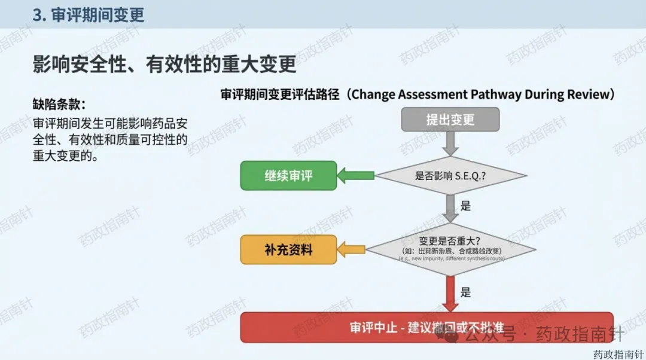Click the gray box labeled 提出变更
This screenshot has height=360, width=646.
point(450,120)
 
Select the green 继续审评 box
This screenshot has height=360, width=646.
point(288,176)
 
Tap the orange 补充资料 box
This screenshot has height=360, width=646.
point(288,249)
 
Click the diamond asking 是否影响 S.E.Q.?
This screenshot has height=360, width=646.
point(450,176)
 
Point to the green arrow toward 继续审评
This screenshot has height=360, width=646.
point(356,176)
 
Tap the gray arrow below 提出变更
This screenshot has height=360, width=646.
point(450,143)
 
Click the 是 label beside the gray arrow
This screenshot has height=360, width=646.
point(465,206)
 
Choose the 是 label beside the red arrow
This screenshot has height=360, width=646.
point(465,292)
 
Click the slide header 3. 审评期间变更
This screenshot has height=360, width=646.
point(88,15)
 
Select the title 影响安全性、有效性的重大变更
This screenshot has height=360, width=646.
point(164,63)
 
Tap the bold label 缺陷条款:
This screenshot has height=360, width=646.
point(59,103)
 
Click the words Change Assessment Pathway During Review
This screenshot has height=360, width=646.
point(482,94)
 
